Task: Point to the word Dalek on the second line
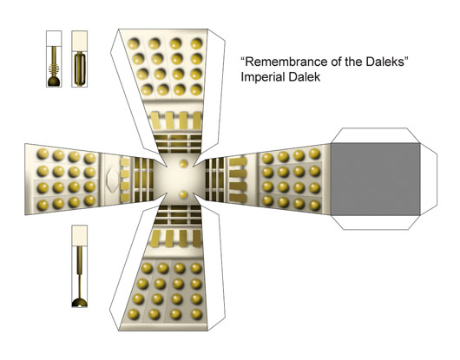coord(305,77)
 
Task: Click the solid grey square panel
coord(376,179)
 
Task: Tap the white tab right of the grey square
coord(429,179)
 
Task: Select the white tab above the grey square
coord(376,135)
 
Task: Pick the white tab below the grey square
coord(376,223)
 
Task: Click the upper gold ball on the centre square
coord(184,164)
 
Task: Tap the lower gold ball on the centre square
coord(184,194)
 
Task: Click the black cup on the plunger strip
coord(54,82)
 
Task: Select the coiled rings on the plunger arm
coord(54,69)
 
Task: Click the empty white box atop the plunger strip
coord(54,38)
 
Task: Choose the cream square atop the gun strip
coord(80,38)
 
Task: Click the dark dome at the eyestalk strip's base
coord(80,303)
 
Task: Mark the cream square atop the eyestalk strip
coord(80,235)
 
